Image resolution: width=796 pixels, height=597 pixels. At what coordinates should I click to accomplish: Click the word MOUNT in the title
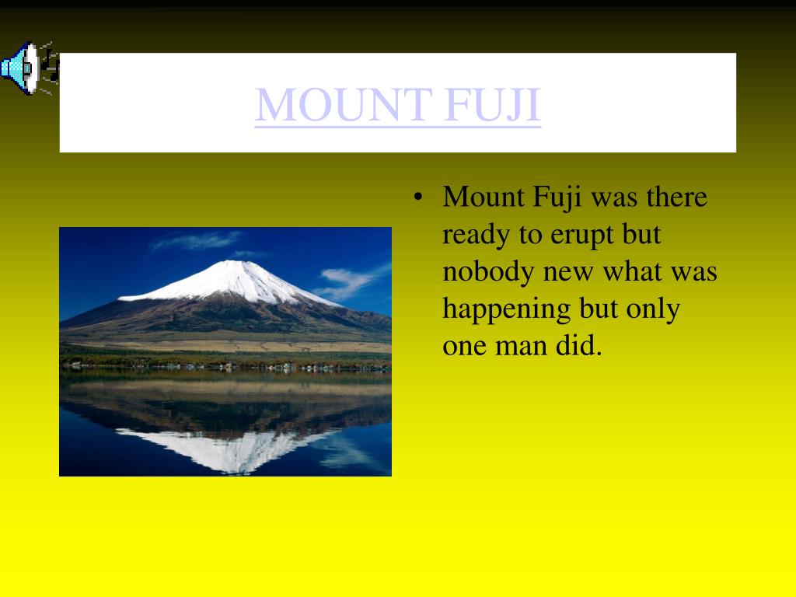click(x=344, y=105)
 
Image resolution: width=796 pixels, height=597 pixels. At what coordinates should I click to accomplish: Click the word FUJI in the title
click(x=492, y=106)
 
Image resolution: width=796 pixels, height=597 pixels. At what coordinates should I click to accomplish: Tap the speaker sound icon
click(x=30, y=68)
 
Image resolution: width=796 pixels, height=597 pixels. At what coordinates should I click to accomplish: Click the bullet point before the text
click(x=417, y=197)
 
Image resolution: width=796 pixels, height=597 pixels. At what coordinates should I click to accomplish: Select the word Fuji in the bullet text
click(x=557, y=198)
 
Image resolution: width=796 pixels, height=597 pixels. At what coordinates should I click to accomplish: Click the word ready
click(x=476, y=235)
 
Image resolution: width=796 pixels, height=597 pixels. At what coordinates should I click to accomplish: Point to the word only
click(x=653, y=309)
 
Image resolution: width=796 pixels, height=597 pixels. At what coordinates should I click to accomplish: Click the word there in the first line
click(x=677, y=197)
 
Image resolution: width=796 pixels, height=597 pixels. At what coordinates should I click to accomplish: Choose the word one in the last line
click(x=465, y=347)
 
